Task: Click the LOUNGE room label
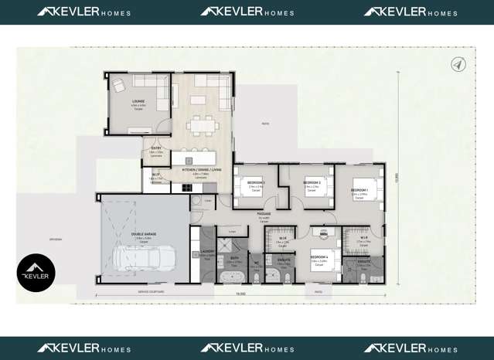click(138, 101)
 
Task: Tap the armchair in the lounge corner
click(119, 84)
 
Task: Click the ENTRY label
click(156, 148)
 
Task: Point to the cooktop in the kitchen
click(188, 186)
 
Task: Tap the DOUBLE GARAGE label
click(144, 237)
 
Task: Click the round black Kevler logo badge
click(36, 272)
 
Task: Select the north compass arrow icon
click(458, 65)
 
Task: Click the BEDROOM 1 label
click(359, 190)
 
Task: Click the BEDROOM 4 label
click(319, 256)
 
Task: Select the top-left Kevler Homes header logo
click(83, 12)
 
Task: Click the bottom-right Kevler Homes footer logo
click(411, 348)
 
